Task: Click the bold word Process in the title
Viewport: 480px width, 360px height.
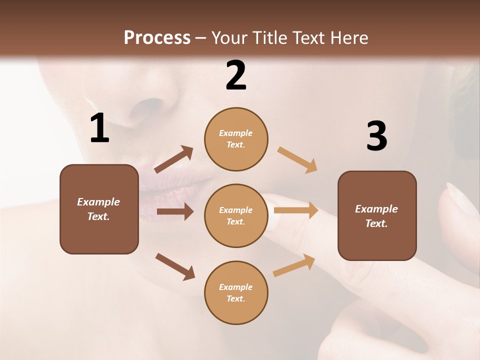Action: [x=157, y=38]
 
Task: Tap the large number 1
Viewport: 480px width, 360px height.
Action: [x=99, y=128]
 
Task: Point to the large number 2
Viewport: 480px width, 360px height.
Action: [x=236, y=75]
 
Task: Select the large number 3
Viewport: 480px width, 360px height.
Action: [x=376, y=136]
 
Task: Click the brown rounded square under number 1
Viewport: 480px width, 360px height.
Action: [x=99, y=209]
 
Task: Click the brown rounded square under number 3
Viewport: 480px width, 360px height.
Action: [x=377, y=215]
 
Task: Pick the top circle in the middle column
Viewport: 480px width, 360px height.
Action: [x=236, y=139]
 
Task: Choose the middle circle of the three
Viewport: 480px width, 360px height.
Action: [x=236, y=215]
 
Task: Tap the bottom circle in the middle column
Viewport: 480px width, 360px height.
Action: [x=236, y=292]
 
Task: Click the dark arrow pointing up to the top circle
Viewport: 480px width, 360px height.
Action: [x=174, y=159]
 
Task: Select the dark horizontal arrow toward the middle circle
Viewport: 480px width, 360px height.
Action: [x=175, y=211]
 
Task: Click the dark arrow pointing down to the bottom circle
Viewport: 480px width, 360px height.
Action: [x=175, y=266]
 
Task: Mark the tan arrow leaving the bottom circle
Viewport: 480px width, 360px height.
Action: [x=294, y=265]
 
